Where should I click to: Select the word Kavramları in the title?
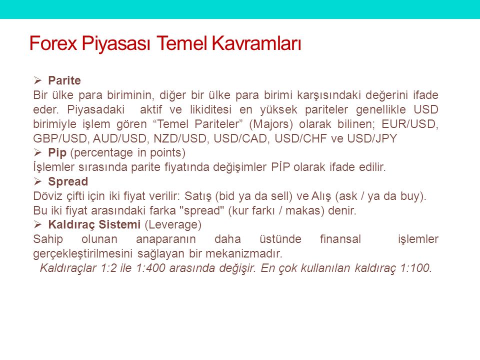[256, 43]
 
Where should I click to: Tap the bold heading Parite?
[64, 80]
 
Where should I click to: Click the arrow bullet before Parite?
[37, 80]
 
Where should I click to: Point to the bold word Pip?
[57, 153]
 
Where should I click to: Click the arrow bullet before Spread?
[37, 181]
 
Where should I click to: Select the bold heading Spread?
[68, 182]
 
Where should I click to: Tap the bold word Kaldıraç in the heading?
[72, 225]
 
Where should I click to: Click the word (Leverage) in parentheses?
[173, 225]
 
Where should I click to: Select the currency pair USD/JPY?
[372, 138]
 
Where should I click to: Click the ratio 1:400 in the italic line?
[151, 268]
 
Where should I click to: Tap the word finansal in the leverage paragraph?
[340, 239]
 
